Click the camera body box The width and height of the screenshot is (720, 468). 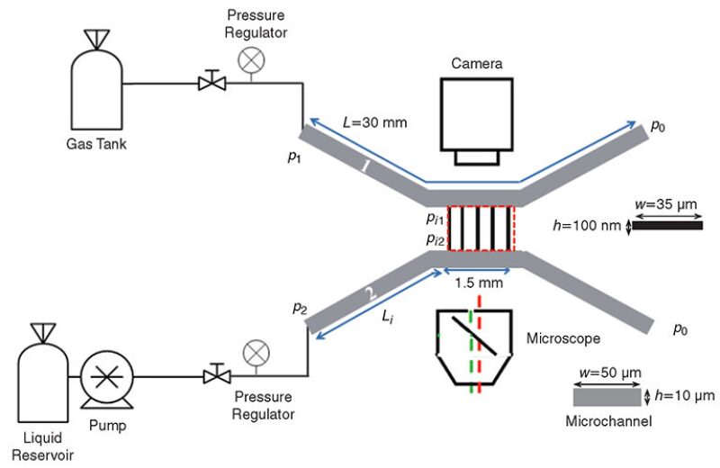point(477,114)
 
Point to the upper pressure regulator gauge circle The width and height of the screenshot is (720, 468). point(251,60)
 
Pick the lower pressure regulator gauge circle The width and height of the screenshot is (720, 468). point(256,353)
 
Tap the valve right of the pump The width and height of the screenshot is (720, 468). point(217,373)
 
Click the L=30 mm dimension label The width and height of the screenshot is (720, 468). point(375,122)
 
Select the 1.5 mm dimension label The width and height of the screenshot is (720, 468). point(479,283)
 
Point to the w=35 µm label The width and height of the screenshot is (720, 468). point(666,204)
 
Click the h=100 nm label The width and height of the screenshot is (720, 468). point(587,226)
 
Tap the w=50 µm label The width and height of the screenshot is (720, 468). point(610,373)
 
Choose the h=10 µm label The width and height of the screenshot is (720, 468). point(685,395)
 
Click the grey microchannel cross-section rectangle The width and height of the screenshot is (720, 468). point(607,398)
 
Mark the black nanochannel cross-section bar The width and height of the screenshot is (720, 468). point(668,226)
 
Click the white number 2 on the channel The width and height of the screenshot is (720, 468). point(371,293)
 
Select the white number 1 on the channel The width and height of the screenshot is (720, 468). point(365,166)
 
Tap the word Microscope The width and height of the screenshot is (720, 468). point(563,338)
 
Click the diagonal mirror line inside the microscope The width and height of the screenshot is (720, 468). point(474,336)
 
